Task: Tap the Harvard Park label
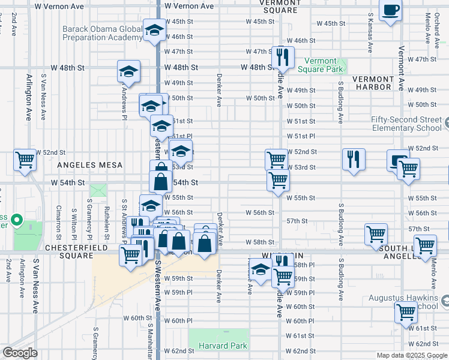218,346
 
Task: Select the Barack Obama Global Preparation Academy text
103,32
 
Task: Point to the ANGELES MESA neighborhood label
89,165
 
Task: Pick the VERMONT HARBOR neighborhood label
372,83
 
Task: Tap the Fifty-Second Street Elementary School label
406,124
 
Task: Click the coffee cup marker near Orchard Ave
391,11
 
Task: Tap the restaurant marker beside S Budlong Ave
354,160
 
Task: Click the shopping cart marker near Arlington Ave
25,160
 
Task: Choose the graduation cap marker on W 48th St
128,71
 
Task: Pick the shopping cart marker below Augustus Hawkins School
406,313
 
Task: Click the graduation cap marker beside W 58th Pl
261,269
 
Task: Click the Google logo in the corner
20,353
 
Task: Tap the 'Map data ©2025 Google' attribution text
411,355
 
